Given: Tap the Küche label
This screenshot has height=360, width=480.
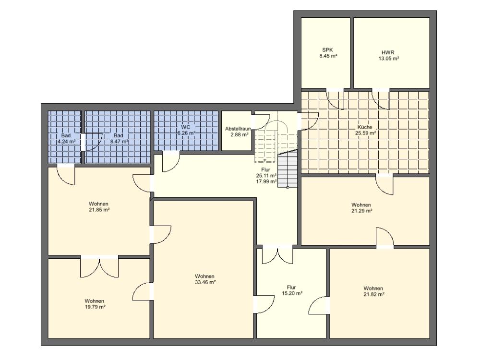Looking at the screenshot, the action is tap(365, 127).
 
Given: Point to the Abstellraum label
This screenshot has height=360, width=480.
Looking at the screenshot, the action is tap(238, 129).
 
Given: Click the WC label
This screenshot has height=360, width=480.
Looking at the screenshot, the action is tap(185, 127).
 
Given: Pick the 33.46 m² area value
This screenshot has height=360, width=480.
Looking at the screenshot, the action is tap(205, 282).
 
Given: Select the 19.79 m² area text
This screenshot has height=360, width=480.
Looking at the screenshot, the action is tap(95, 307).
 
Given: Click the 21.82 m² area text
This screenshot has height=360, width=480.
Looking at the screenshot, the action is tap(374, 294).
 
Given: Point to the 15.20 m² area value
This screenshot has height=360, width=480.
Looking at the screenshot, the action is tap(292, 293).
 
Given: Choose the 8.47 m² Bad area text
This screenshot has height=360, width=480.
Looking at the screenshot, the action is tap(119, 142).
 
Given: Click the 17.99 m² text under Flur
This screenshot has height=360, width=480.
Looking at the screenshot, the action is tap(266, 181).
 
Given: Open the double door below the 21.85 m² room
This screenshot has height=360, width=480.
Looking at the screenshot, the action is tap(99, 266).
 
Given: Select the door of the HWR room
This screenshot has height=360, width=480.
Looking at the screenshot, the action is tap(381, 99).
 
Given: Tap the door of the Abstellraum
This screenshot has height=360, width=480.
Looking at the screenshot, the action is tap(261, 122).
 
